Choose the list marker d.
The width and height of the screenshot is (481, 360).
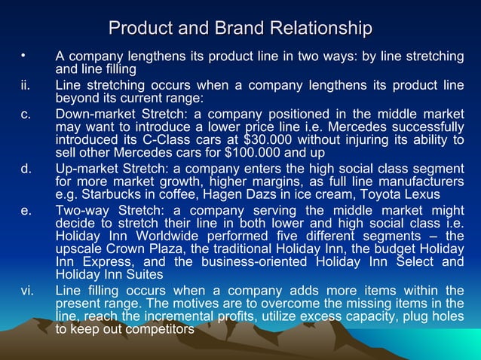pos(26,168)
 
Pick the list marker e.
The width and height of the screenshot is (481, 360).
pos(26,209)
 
